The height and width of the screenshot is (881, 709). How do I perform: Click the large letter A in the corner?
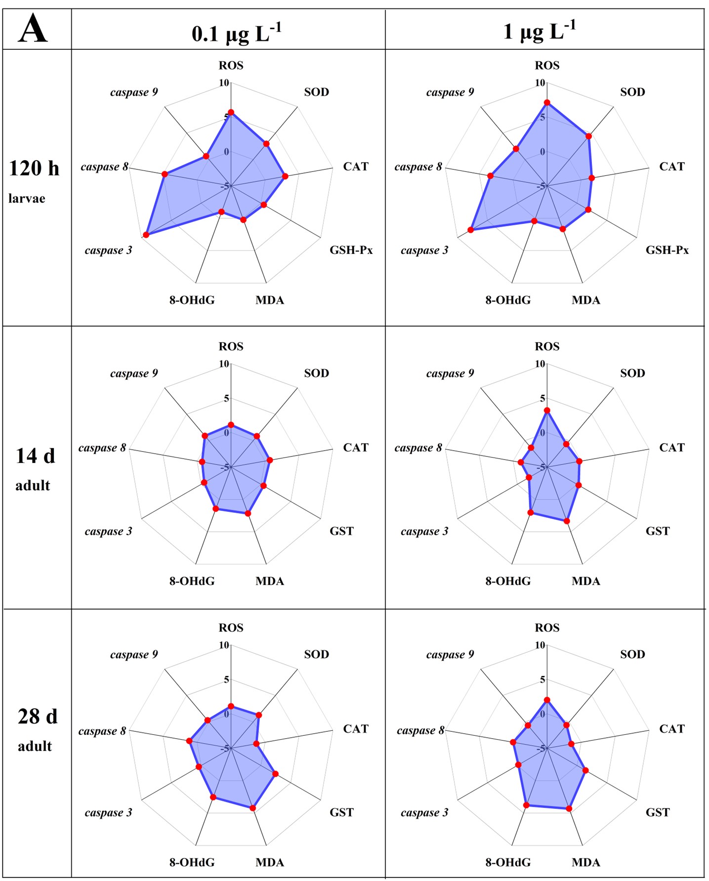click(33, 29)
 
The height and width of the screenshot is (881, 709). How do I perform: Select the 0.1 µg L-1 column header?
click(236, 33)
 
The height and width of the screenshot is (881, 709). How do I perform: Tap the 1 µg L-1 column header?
click(539, 31)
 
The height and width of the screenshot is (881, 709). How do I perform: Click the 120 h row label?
click(34, 168)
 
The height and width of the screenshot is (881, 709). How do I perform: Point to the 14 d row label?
click(35, 456)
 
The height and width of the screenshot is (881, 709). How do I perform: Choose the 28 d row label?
click(38, 716)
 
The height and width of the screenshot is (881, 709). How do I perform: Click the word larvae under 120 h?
click(27, 199)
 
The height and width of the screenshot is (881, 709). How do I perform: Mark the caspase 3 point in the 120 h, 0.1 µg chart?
click(146, 235)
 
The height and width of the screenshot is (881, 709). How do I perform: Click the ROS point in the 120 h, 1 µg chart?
click(547, 103)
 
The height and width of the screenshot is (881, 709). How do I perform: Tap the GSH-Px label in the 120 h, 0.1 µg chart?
click(351, 250)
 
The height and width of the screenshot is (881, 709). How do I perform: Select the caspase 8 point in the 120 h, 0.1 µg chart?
click(165, 174)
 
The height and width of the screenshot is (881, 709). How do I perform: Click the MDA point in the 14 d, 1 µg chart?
click(567, 521)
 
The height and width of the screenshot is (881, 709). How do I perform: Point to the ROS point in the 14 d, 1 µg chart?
click(547, 411)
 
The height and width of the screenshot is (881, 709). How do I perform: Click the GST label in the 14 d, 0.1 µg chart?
click(341, 531)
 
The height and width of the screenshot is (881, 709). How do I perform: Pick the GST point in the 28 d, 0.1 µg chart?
click(275, 774)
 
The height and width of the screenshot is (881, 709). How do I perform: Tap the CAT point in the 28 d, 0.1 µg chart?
click(256, 743)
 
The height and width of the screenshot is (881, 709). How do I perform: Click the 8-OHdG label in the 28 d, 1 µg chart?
click(507, 862)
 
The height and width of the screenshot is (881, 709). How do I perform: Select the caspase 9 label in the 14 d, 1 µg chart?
click(450, 373)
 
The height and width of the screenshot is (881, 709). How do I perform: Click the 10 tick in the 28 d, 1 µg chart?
click(540, 645)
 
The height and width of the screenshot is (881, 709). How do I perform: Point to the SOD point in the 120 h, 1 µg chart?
click(588, 136)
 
